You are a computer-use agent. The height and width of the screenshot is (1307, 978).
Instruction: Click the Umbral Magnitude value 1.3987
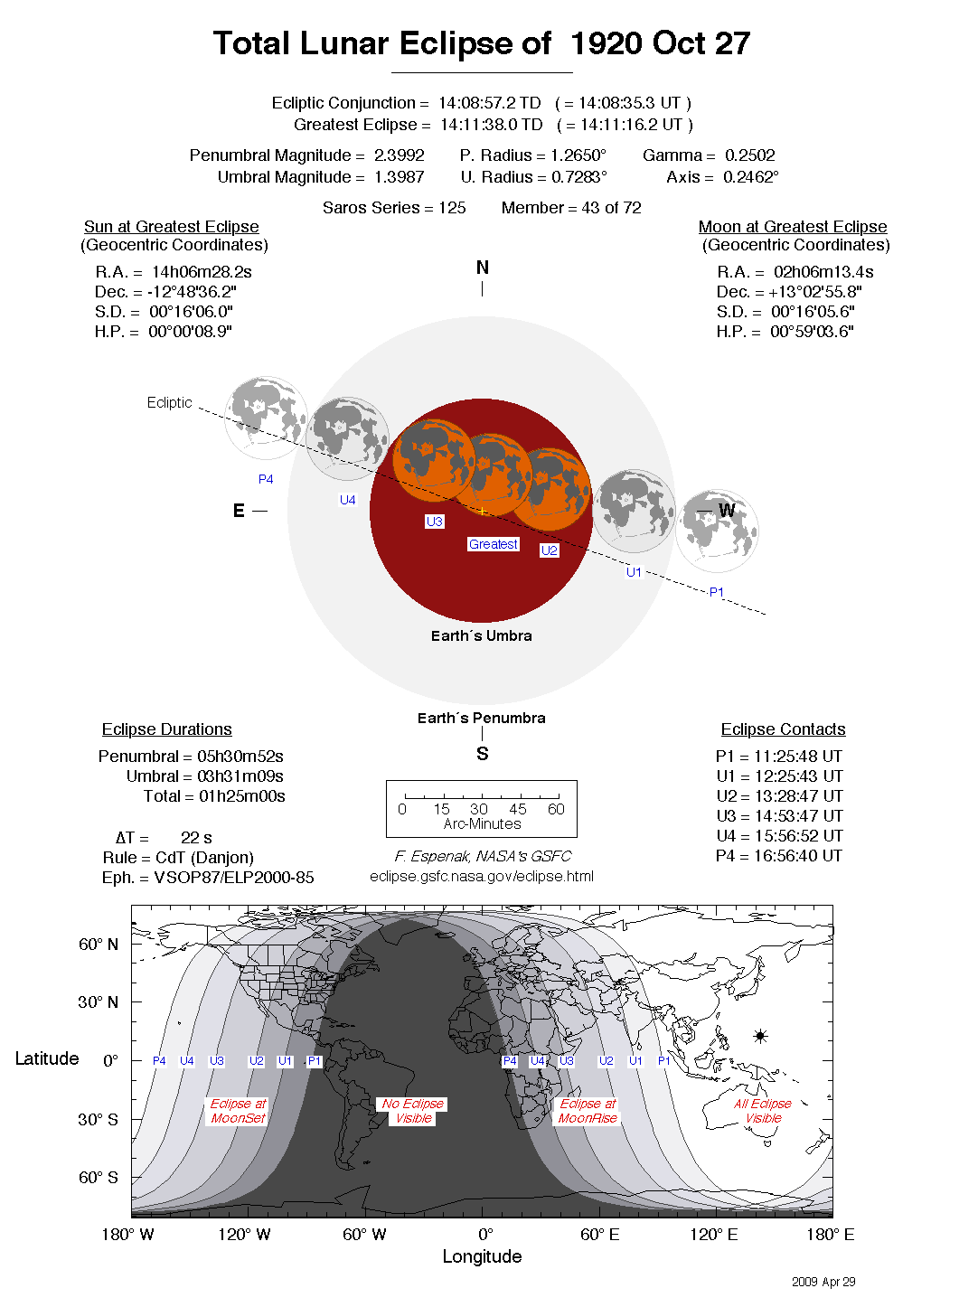pyautogui.click(x=399, y=177)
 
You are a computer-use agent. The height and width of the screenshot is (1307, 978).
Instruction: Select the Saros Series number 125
pyautogui.click(x=452, y=208)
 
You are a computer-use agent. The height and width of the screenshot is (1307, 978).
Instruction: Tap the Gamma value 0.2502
pyautogui.click(x=748, y=155)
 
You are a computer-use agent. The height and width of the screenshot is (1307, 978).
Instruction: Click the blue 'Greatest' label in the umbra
pyautogui.click(x=494, y=544)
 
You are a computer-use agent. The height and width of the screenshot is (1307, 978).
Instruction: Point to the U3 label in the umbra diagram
pyautogui.click(x=435, y=522)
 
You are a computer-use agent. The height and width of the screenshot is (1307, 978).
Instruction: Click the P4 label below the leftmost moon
pyautogui.click(x=266, y=479)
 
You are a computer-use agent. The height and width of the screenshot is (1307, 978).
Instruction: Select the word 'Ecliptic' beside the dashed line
pyautogui.click(x=170, y=402)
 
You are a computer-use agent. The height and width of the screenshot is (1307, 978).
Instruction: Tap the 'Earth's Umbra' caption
pyautogui.click(x=481, y=635)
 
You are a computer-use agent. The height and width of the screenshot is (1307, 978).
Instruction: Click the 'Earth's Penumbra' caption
pyautogui.click(x=481, y=718)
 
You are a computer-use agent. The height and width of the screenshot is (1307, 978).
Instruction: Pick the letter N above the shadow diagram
pyautogui.click(x=483, y=268)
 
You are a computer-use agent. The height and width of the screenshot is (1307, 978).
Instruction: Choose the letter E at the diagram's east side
pyautogui.click(x=239, y=511)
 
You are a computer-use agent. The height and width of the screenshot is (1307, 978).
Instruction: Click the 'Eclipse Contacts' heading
pyautogui.click(x=783, y=729)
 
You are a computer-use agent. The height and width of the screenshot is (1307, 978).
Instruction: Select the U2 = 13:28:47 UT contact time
pyautogui.click(x=779, y=796)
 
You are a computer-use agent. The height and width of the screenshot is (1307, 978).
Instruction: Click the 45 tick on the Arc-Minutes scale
pyautogui.click(x=518, y=809)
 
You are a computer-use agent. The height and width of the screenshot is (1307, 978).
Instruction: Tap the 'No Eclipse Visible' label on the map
pyautogui.click(x=413, y=1111)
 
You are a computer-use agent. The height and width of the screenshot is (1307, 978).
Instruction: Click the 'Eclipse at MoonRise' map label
pyautogui.click(x=588, y=1111)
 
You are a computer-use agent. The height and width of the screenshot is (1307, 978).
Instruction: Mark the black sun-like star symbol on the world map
pyautogui.click(x=760, y=1036)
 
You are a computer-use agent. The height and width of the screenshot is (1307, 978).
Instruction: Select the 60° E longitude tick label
pyautogui.click(x=599, y=1235)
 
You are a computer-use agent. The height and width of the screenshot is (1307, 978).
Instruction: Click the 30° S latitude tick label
pyautogui.click(x=98, y=1119)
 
